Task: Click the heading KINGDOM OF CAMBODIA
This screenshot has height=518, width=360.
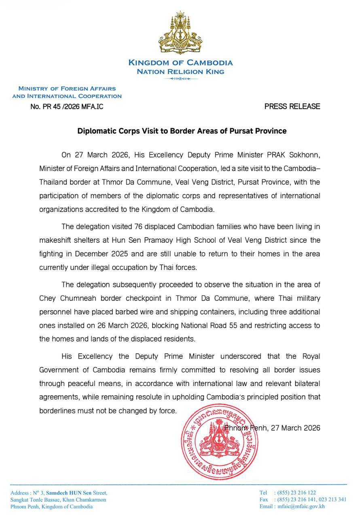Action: (180, 63)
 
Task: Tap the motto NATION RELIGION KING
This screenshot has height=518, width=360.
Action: (180, 72)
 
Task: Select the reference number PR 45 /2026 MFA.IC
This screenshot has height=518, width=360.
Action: (70, 106)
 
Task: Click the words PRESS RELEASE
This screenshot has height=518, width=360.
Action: (292, 106)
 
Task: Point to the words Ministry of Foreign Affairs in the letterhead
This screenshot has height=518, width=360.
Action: (67, 88)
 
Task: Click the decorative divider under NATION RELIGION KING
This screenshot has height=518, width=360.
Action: (180, 79)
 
